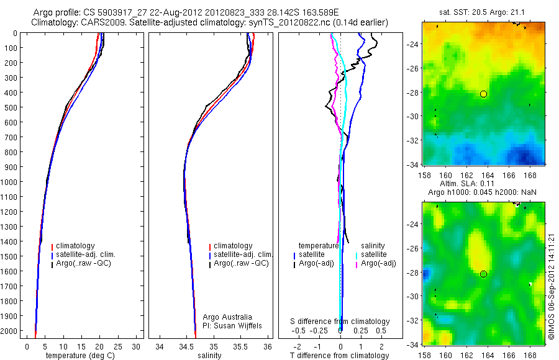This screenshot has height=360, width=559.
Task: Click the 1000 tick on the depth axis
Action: pos(12,182)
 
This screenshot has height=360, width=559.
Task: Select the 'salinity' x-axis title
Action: pos(209,356)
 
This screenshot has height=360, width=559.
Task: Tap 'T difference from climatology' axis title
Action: pos(340,356)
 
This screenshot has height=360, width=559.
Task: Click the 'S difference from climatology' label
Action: pos(340,322)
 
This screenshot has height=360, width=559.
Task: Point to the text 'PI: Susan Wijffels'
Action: pos(234,325)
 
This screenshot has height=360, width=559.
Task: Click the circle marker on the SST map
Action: pos(483,94)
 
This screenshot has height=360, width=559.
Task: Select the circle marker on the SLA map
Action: pos(483,274)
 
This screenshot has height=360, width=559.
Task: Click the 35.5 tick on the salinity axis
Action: pos(241,346)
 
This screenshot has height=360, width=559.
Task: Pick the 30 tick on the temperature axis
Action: pos(136,346)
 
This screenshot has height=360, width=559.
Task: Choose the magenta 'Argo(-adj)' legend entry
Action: pos(378,264)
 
